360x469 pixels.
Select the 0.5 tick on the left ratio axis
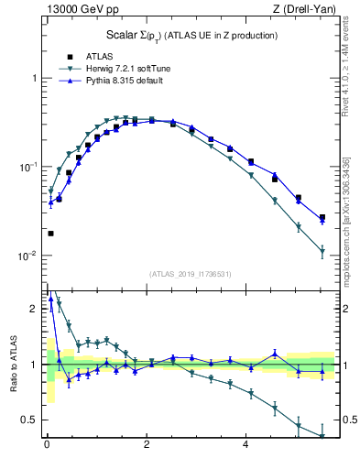point(28,420)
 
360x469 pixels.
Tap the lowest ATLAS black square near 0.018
point(51,234)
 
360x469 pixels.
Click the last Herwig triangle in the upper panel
point(322,252)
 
